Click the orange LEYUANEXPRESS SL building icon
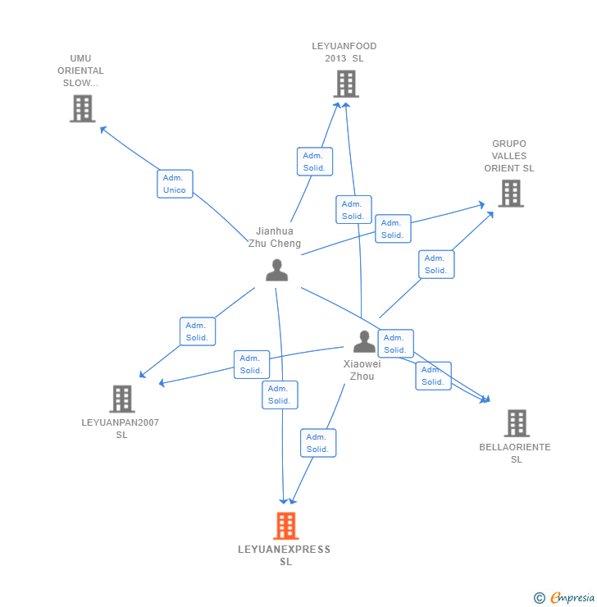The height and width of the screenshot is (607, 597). point(285,526)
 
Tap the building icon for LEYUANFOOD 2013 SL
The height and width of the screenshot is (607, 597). point(346,84)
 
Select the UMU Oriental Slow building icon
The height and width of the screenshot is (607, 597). point(82,108)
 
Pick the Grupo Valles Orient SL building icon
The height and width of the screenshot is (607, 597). point(511,194)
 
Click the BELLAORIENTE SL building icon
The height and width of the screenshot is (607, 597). point(517,423)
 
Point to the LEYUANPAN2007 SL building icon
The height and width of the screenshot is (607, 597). point(122,399)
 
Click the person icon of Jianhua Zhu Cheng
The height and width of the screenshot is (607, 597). point(277,270)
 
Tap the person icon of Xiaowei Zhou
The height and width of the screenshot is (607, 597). point(364,341)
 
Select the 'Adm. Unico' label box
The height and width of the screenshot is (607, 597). point(175,184)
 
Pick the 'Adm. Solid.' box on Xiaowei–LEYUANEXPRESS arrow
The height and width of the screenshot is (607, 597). point(317,443)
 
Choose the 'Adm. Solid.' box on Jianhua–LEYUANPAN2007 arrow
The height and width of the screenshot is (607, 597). point(197,331)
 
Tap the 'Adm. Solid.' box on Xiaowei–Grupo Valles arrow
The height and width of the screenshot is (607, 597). point(435,264)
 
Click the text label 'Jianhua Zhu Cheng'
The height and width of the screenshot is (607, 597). point(275,237)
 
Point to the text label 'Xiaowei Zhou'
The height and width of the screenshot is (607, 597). point(362,370)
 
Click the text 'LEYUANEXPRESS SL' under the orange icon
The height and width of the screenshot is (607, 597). point(285,555)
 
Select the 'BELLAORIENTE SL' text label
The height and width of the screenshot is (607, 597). point(515,454)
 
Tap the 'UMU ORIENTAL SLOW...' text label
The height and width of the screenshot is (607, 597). point(80,71)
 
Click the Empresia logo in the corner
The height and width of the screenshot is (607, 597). point(565,598)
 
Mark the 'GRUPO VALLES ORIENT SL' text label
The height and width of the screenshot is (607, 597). point(508,156)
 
